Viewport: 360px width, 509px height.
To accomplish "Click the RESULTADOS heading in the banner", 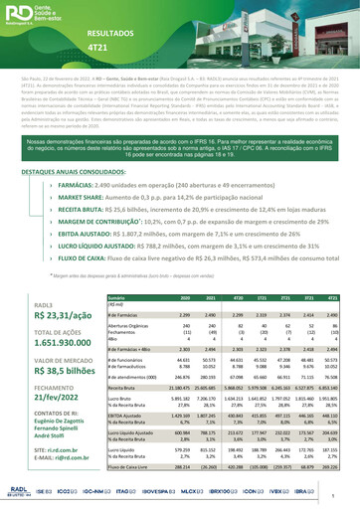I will (x=110, y=33).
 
